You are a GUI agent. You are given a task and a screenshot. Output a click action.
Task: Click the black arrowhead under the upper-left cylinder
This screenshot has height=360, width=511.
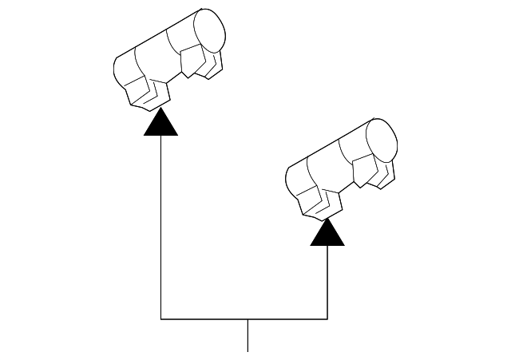click(x=161, y=124)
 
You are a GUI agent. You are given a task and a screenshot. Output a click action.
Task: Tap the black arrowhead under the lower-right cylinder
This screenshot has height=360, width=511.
click(x=327, y=233)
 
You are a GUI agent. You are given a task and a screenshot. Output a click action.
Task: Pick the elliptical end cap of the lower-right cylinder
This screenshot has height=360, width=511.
click(x=381, y=140)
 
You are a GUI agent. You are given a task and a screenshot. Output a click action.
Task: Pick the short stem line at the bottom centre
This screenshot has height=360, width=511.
click(x=248, y=335)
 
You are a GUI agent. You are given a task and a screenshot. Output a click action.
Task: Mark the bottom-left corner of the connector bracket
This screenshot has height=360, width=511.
click(x=161, y=319)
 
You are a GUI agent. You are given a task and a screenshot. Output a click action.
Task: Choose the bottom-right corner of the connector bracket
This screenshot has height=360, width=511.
click(x=327, y=319)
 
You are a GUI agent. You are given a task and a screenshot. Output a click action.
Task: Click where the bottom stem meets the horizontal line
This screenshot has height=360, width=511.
click(x=248, y=319)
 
